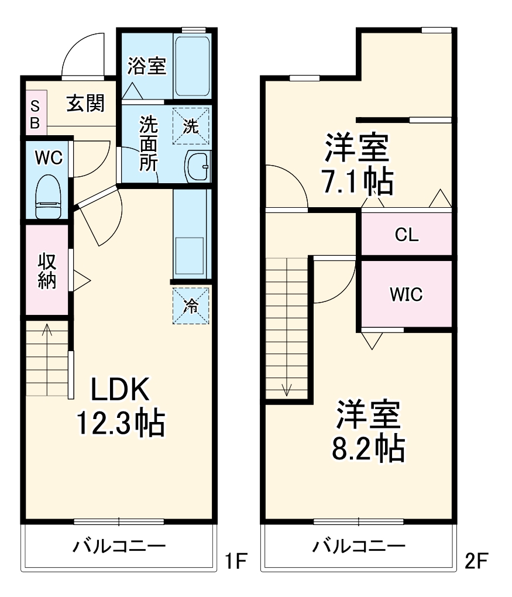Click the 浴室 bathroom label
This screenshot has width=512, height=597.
(x=147, y=66)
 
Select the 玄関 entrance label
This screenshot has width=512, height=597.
(x=85, y=103)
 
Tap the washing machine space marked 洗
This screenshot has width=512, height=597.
(x=191, y=126)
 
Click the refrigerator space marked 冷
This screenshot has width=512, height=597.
(x=191, y=304)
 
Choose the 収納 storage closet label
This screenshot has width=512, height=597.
(x=47, y=270)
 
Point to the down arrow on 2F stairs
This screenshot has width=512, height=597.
(x=286, y=388)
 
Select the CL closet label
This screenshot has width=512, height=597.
(x=406, y=235)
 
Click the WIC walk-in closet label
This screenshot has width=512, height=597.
(x=406, y=294)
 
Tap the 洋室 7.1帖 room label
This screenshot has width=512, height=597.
(x=356, y=164)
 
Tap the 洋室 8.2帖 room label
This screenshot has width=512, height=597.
(x=367, y=432)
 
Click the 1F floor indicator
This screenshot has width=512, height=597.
(x=237, y=562)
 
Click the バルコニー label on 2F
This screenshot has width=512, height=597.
(x=359, y=547)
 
